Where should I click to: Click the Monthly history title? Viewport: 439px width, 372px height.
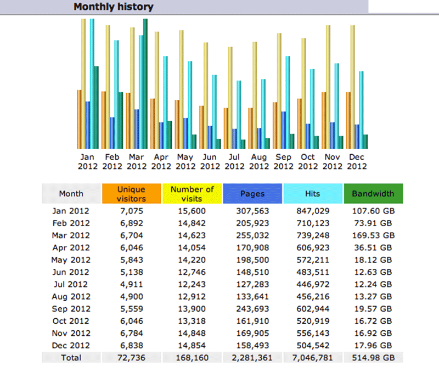113,7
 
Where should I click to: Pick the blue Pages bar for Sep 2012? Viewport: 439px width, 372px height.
283,130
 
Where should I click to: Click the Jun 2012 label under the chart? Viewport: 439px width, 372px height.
210,161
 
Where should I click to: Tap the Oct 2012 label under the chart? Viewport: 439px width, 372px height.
308,161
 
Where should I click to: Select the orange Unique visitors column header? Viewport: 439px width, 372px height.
132,194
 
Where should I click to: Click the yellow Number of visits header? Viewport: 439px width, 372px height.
192,194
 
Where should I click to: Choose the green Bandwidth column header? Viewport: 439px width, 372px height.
373,194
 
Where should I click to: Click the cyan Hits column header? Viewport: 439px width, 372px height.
313,194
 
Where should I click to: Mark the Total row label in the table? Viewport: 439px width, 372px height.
71,358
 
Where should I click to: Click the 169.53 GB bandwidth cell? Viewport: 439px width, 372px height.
373,235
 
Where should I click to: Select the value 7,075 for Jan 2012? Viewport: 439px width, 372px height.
132,210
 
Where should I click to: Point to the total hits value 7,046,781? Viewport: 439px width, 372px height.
313,358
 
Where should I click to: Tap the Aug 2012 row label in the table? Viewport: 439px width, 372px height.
71,296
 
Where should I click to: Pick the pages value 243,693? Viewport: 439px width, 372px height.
252,308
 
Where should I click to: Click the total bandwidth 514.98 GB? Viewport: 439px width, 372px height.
373,358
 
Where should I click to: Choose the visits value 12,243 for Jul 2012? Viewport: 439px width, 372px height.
192,284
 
